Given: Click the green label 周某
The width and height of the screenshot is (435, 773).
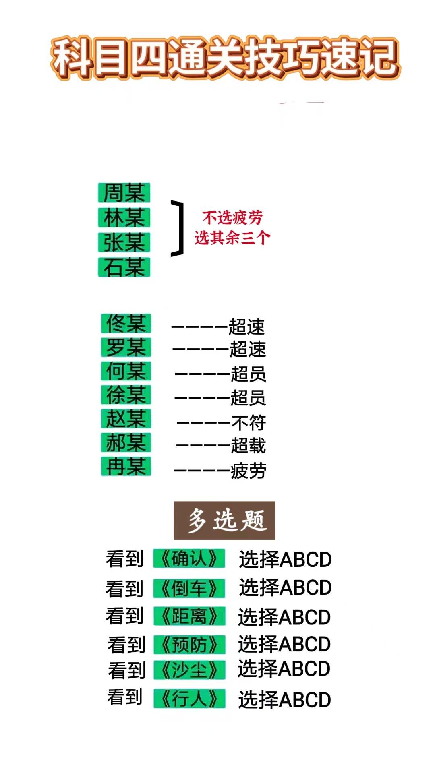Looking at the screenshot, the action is pos(124,192).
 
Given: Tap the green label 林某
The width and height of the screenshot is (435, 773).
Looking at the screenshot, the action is pos(124,217).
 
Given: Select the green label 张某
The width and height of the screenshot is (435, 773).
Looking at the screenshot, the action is pos(124,242).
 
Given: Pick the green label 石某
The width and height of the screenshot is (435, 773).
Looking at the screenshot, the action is pos(124,267).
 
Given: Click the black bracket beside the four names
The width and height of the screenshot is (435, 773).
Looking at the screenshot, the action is pos(178,228).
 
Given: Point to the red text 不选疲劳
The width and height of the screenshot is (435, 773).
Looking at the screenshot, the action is pos(232,218).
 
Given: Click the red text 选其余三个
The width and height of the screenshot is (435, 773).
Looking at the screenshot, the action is pos(232,238).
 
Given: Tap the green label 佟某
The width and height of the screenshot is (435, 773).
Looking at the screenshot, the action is pos(126,323).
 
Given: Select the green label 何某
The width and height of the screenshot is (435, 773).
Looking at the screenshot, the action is pos(126,371).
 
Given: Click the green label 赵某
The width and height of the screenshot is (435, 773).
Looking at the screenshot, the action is pos(126,418).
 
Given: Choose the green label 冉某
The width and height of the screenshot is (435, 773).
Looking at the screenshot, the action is pos(126,466).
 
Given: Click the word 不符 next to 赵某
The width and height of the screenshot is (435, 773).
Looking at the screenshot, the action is pos(249,423).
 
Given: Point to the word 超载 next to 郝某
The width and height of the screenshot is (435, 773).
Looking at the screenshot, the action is pos(248,446).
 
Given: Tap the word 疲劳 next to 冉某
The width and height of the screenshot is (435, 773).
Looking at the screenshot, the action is pos(248,470).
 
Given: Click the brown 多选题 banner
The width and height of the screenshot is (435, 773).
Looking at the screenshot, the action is pos(224,520).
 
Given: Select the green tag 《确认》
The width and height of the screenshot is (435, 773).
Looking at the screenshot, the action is pos(189,558).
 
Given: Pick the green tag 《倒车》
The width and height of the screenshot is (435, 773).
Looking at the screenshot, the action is pos(189,589).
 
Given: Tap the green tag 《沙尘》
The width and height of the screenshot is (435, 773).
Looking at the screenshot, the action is pos(189,670).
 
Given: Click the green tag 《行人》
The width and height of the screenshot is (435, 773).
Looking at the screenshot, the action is pos(189,699).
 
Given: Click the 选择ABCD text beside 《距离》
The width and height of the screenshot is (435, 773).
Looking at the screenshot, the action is pos(284,617).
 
